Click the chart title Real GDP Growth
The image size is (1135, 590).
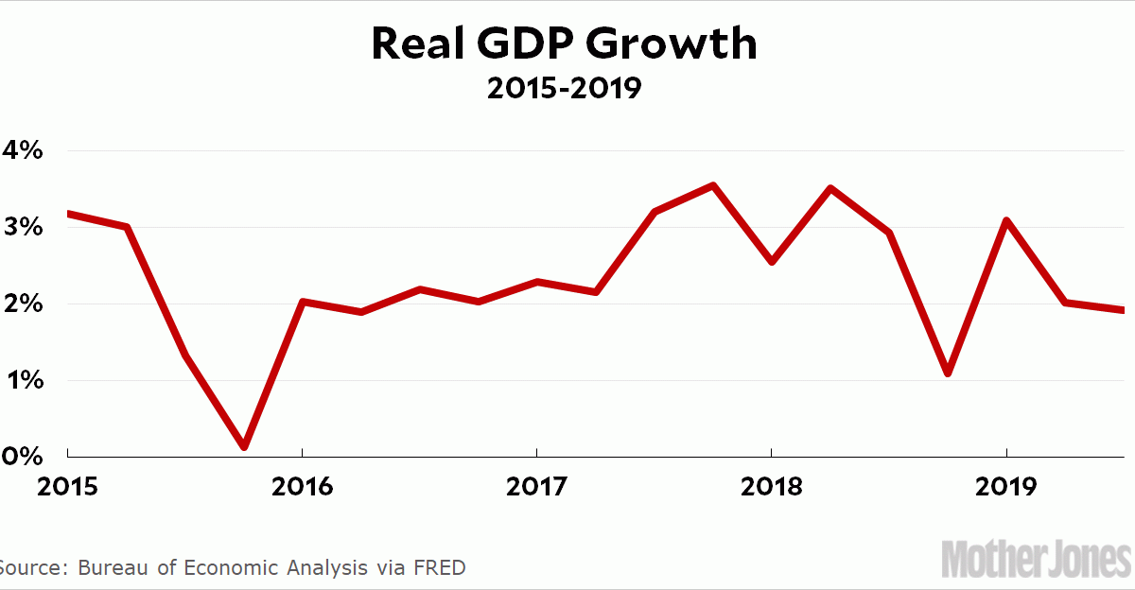pyautogui.click(x=564, y=44)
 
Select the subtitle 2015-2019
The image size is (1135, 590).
pyautogui.click(x=564, y=89)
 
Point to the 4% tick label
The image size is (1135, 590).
pyautogui.click(x=21, y=150)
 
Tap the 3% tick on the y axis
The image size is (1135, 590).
pyautogui.click(x=21, y=228)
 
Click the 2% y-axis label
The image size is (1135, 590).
pyautogui.click(x=21, y=304)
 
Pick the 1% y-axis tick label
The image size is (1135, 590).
pyautogui.click(x=21, y=381)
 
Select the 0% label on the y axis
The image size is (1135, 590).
pyautogui.click(x=21, y=457)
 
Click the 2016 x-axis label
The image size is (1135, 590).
pyautogui.click(x=302, y=487)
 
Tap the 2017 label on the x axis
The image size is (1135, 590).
pyautogui.click(x=536, y=487)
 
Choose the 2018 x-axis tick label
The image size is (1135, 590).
pyautogui.click(x=772, y=487)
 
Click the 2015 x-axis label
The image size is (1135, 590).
pyautogui.click(x=67, y=487)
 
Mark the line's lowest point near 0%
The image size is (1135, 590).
pyautogui.click(x=244, y=445)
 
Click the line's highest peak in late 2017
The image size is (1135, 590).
pyautogui.click(x=713, y=185)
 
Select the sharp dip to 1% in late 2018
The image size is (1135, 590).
pyautogui.click(x=948, y=373)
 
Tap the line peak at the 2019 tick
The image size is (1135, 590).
pyautogui.click(x=1006, y=220)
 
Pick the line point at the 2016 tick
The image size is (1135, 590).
pyautogui.click(x=302, y=302)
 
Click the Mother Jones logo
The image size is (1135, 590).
pyautogui.click(x=1035, y=559)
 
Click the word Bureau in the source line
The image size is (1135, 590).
pyautogui.click(x=112, y=568)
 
